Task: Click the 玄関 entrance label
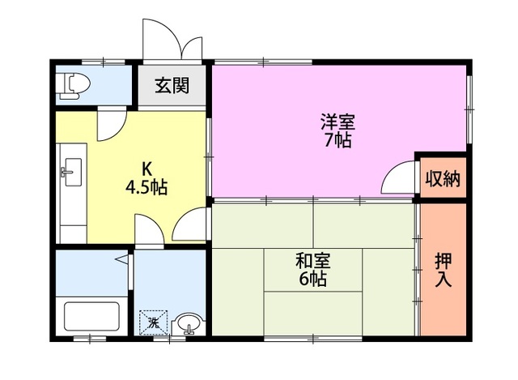click(172, 85)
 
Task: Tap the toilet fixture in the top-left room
click(74, 84)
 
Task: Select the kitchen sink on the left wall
click(68, 170)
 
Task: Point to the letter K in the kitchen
click(146, 169)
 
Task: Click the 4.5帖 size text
click(146, 187)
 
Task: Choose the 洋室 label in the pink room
click(338, 122)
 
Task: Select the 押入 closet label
click(444, 270)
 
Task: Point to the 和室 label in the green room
click(312, 262)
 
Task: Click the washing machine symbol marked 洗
click(153, 322)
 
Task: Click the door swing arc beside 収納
click(397, 178)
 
